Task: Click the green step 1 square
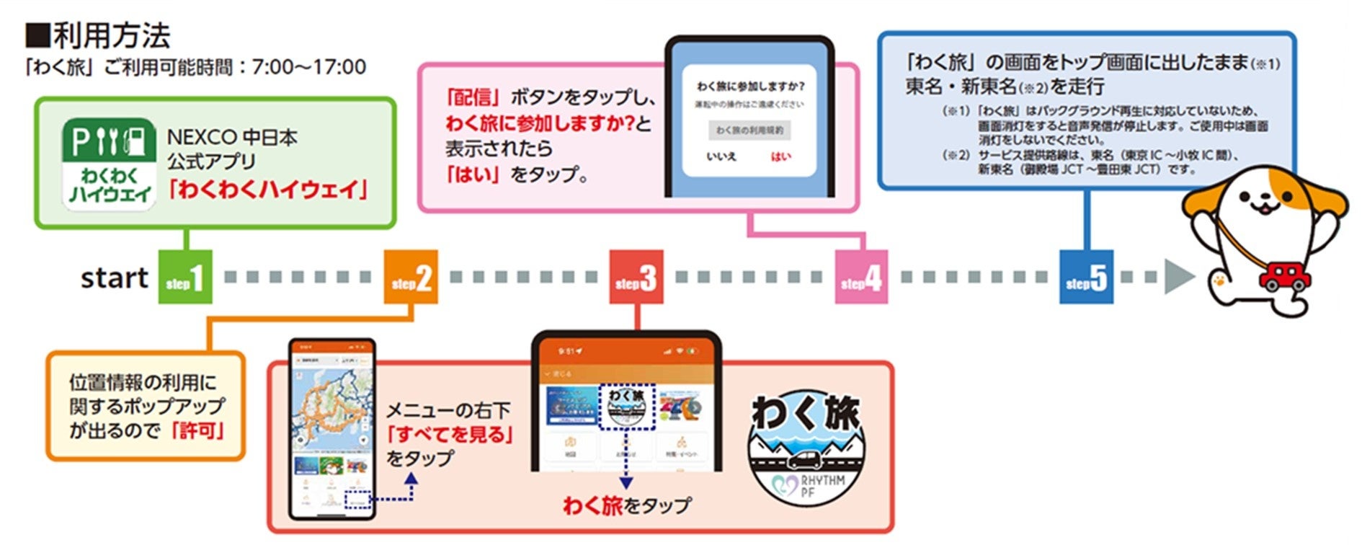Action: (x=185, y=278)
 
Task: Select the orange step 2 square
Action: (x=411, y=278)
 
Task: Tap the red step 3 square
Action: (x=636, y=278)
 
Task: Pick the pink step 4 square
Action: (x=862, y=278)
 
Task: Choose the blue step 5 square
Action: (x=1086, y=278)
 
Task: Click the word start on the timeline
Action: (x=114, y=278)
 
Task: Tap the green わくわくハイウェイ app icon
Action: (x=110, y=164)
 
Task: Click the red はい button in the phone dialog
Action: (x=780, y=156)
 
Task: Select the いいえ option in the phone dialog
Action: (x=721, y=156)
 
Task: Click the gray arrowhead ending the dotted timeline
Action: (x=1178, y=277)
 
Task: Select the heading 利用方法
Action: (x=112, y=35)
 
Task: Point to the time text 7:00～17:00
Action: (x=309, y=68)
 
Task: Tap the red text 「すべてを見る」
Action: (x=450, y=435)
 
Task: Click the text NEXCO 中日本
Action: (x=232, y=137)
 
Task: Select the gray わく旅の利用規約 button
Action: (x=749, y=130)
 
